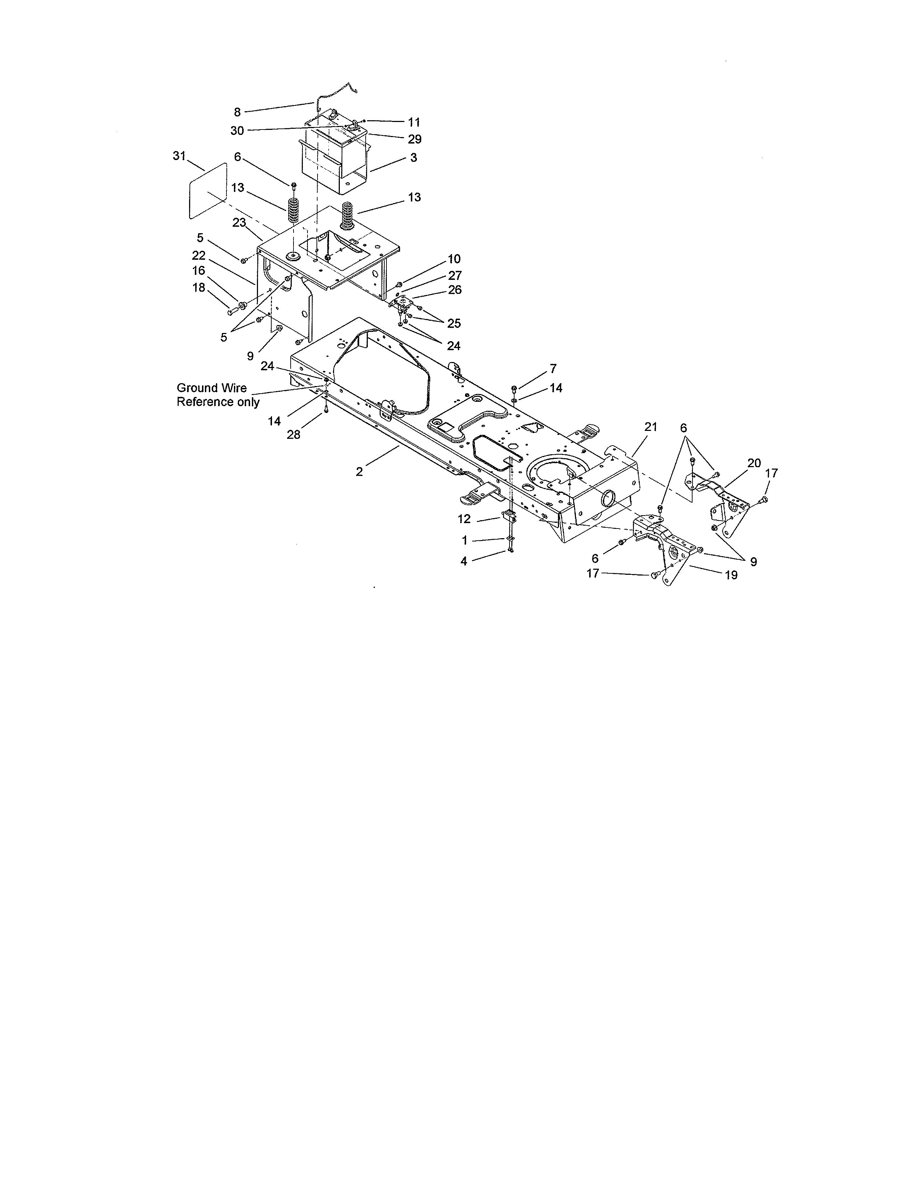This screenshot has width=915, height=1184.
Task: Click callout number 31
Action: tap(179, 156)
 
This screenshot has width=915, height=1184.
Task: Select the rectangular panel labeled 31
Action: tap(207, 190)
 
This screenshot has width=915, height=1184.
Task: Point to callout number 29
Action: tap(415, 139)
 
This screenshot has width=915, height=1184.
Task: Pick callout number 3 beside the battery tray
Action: tap(414, 158)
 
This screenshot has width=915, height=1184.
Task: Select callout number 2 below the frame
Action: tap(360, 472)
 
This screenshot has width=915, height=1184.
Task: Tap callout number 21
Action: tap(651, 427)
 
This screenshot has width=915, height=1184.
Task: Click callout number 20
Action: tap(754, 463)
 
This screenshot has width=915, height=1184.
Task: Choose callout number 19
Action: tap(731, 575)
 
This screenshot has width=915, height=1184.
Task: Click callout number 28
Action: tap(293, 434)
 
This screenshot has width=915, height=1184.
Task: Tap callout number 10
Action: tap(454, 259)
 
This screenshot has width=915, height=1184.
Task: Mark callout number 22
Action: tap(199, 255)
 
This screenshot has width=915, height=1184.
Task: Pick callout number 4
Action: tap(464, 562)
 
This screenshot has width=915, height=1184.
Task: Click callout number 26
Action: tap(455, 290)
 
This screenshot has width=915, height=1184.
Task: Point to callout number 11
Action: tap(414, 122)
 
